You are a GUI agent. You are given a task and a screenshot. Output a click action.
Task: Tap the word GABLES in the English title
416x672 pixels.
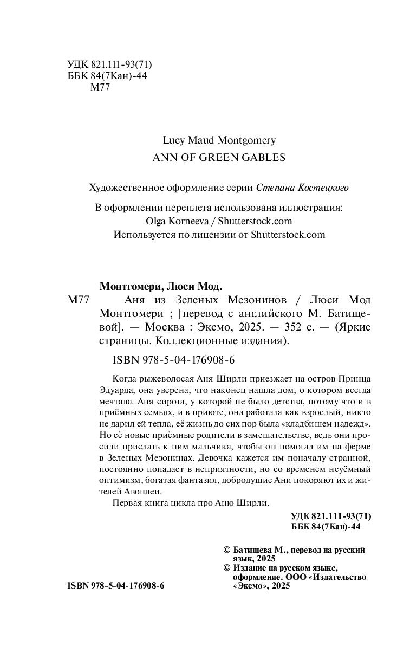(262, 158)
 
